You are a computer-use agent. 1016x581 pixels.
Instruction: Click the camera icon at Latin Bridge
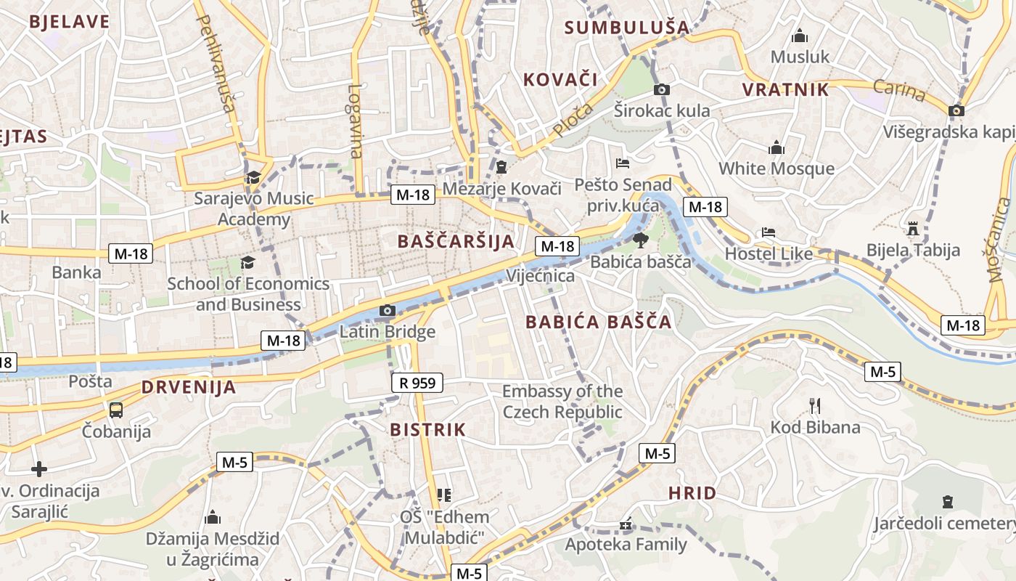(x=388, y=311)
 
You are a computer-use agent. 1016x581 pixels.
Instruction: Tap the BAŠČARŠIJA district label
(x=456, y=241)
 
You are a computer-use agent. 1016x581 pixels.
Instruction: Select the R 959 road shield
(x=417, y=383)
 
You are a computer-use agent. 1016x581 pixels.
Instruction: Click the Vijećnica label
(x=540, y=276)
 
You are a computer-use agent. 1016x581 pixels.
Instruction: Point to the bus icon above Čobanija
(x=116, y=410)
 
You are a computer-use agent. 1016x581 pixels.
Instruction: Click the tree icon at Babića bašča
(x=640, y=240)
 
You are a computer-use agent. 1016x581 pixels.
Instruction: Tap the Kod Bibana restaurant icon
(x=814, y=405)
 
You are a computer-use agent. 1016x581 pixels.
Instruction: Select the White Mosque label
(x=776, y=168)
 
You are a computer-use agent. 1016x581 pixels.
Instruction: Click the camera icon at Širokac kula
(x=661, y=90)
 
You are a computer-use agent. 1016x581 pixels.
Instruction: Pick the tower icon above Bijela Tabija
(x=913, y=229)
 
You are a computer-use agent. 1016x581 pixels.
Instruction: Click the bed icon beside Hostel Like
(x=769, y=232)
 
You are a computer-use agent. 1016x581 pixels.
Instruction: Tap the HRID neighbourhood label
(x=692, y=493)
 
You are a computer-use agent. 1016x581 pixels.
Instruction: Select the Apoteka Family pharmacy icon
(x=625, y=524)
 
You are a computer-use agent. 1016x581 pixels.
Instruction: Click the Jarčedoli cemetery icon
(x=947, y=501)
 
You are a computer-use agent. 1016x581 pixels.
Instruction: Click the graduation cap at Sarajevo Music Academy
(x=253, y=177)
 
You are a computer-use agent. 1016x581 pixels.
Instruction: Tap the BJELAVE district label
(x=70, y=21)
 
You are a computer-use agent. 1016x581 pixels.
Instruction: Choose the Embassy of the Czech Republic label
(x=562, y=402)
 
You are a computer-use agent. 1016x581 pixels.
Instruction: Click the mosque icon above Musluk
(x=800, y=36)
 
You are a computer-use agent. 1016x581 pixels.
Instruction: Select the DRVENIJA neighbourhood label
(x=189, y=387)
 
